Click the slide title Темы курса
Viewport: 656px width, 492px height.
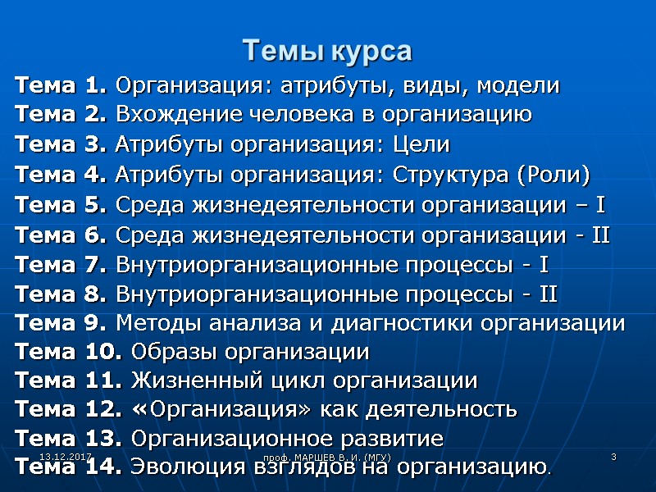pos(327,52)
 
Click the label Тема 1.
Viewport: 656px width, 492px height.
pos(61,85)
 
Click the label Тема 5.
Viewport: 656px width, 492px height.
pos(61,205)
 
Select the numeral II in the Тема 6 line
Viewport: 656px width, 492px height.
pos(600,235)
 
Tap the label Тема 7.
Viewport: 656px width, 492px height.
pos(61,265)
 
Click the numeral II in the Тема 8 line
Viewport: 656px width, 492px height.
pos(549,294)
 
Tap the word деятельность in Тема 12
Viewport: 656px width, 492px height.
pos(447,409)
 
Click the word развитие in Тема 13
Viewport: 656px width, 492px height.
pos(398,439)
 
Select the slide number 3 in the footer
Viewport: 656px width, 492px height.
pos(613,455)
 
